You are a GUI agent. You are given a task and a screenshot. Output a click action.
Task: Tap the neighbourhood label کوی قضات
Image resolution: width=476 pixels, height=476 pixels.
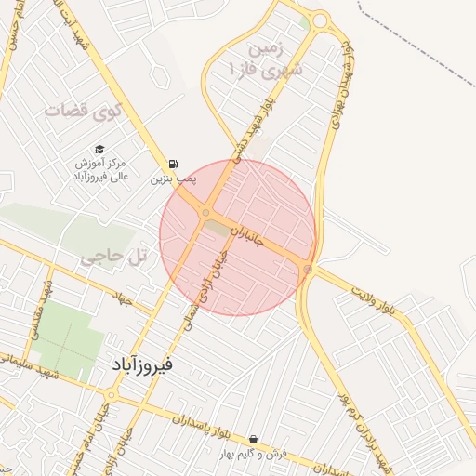pos(83,111)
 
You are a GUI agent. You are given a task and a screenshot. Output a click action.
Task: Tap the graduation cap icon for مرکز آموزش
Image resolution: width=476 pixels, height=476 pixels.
pos(99,150)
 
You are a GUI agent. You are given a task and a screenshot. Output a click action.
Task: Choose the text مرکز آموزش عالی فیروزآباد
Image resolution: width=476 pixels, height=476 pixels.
pos(100,168)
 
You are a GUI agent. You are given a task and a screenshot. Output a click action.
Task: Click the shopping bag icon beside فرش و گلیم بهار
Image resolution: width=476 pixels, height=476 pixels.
pos(254,439)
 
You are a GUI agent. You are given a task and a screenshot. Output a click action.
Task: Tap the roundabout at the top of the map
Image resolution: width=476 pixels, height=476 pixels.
pos(321,20)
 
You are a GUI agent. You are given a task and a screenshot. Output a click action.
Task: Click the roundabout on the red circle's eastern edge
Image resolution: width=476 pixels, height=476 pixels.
pos(307,270)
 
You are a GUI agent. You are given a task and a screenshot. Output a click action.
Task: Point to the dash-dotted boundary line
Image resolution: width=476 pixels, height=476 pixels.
pos(418,37)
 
